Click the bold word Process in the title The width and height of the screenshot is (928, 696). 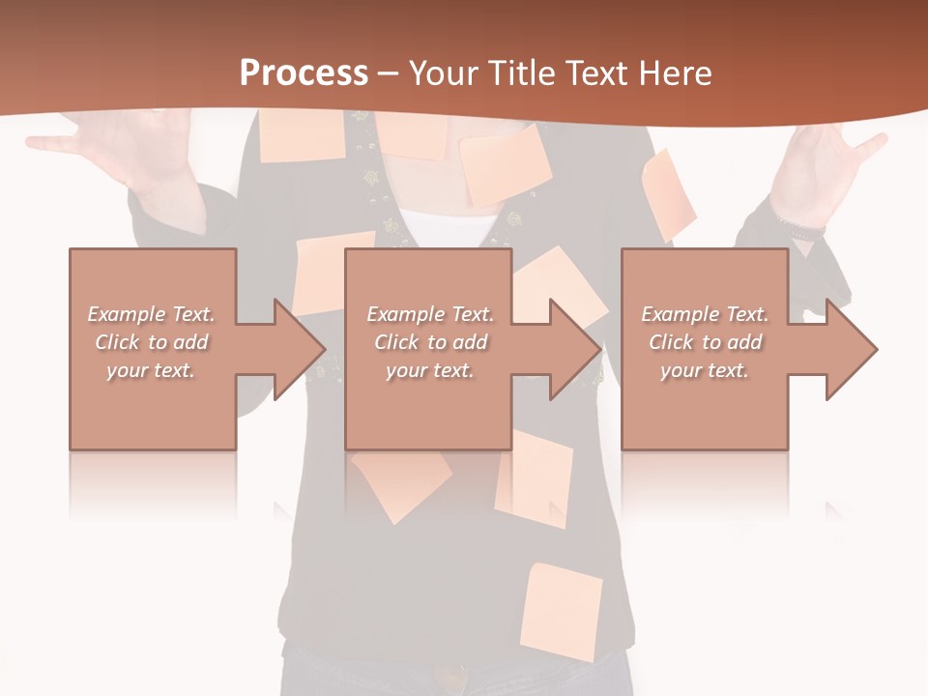[304, 73]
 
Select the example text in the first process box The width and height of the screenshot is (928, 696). [152, 342]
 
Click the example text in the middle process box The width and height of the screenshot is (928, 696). [429, 342]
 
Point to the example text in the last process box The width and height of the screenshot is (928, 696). [705, 342]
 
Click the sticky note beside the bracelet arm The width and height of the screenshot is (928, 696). [669, 193]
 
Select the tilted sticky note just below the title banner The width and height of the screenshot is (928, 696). [505, 164]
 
